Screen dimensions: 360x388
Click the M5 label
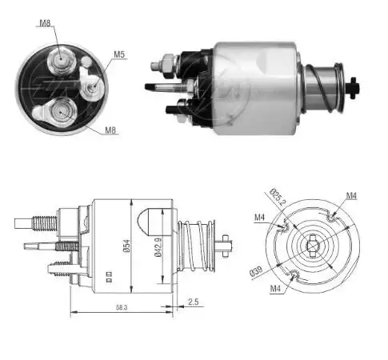[x=119, y=54]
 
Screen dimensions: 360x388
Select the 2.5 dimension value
[x=193, y=302]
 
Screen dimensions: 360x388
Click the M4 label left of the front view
[x=260, y=218]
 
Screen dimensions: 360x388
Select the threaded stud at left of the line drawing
[x=40, y=218]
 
